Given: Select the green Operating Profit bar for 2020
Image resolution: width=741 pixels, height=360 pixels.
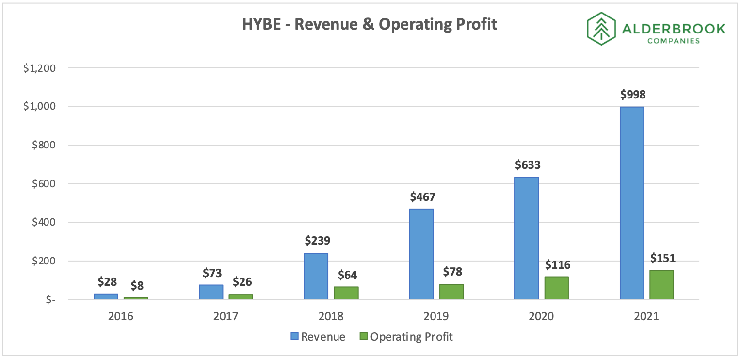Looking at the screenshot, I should pos(556,288).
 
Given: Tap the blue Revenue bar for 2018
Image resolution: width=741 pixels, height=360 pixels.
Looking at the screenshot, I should pos(316,276).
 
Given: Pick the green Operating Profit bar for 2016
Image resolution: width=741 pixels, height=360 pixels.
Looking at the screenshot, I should pos(136,298).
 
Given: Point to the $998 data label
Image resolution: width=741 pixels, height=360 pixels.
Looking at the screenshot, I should pos(633,95).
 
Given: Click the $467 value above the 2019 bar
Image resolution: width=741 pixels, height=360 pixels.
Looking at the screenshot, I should pos(422,197).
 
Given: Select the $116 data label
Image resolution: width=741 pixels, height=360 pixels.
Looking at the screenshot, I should pos(557,265).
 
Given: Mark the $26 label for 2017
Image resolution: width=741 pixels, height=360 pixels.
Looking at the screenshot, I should pos(242,282).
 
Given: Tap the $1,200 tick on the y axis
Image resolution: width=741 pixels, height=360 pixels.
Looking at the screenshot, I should pos(40,68).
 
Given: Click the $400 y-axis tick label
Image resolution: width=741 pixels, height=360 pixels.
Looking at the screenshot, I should pos(43,222).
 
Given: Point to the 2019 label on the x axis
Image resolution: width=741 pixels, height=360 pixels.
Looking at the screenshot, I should pos(436,316).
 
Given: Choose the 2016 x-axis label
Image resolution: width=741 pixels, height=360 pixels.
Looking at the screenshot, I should pos(121,316).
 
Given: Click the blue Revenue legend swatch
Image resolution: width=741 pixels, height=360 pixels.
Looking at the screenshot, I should pos(294,336).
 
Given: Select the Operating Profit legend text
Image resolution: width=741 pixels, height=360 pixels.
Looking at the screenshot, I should pos(411,336).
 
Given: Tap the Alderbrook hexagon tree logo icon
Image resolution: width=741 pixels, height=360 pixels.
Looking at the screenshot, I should pos(601,29).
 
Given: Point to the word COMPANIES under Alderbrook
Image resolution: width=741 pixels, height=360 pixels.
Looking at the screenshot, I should pos(673,41).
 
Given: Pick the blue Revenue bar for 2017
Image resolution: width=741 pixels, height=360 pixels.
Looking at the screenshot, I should pos(211,292).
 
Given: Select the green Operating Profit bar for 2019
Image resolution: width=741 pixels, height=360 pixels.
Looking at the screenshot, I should pos(451,292).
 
